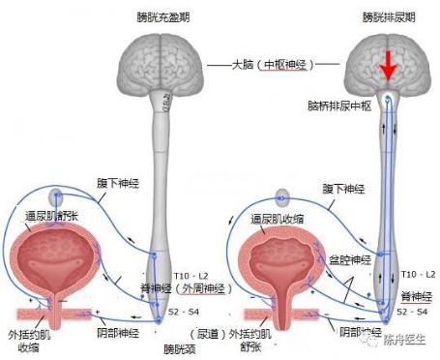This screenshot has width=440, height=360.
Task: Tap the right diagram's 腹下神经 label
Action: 343,189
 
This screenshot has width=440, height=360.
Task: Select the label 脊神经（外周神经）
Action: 215,287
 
